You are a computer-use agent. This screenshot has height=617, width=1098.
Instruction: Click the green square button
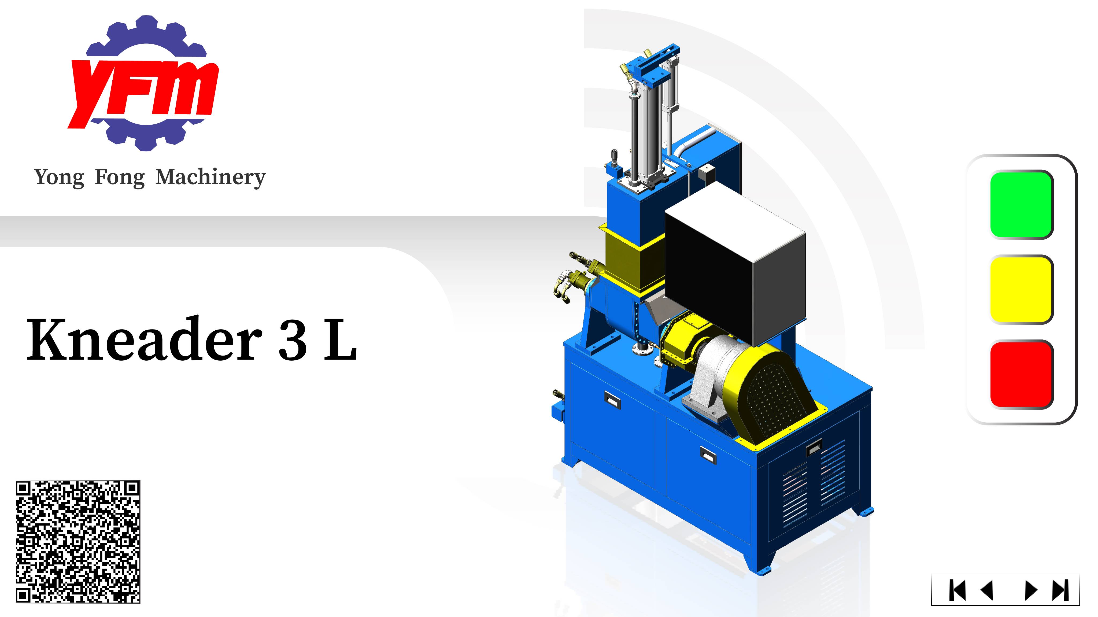1021,205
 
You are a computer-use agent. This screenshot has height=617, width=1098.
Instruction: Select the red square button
1021,374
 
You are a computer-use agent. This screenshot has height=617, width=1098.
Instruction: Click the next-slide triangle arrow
1031,590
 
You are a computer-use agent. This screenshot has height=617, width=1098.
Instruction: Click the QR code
78,542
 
